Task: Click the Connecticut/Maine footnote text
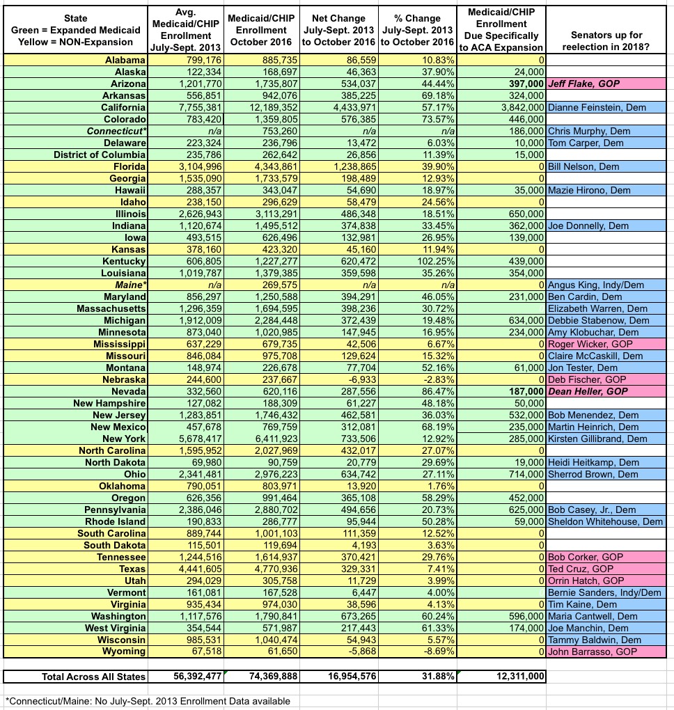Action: pyautogui.click(x=147, y=701)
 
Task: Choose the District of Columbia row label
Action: pyautogui.click(x=100, y=155)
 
